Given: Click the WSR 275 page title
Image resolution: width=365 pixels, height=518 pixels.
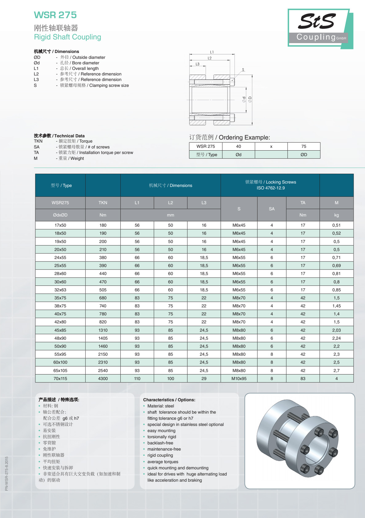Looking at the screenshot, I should point(55,15).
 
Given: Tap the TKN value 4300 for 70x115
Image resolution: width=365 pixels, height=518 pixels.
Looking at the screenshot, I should point(103,378).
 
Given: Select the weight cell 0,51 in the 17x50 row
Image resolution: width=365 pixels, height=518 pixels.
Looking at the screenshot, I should point(336,225).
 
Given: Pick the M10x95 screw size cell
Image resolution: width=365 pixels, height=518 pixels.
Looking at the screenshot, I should point(239,378).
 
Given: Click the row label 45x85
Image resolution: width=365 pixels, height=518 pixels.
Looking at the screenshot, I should point(60,330).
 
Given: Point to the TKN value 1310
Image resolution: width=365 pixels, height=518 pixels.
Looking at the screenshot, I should point(103,330).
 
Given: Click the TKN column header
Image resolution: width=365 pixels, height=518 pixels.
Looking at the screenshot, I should point(103,203).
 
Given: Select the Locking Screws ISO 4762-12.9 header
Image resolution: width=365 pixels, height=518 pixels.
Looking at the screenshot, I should point(271,185).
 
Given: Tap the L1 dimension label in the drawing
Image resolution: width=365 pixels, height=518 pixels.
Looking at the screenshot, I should point(212,52).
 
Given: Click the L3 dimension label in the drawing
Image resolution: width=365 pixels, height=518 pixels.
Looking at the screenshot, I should point(197,64).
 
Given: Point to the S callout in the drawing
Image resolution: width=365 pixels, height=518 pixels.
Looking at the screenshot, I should point(243,70).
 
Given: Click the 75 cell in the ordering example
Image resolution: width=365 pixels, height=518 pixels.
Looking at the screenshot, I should point(304,146).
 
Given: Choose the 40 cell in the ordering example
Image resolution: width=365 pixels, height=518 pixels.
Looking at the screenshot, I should point(239,146).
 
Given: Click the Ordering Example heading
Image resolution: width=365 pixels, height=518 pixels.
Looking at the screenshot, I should point(229,137).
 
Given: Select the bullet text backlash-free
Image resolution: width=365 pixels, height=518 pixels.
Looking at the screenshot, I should point(160,443).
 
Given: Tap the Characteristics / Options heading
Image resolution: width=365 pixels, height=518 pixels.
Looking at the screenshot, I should point(169,400).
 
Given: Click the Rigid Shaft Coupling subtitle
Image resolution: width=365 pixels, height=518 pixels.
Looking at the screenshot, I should point(67,37).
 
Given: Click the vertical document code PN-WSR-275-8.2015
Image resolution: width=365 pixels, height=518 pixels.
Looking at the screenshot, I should point(7,473).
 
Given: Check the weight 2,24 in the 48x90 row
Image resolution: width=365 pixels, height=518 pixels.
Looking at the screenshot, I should point(336,338).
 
